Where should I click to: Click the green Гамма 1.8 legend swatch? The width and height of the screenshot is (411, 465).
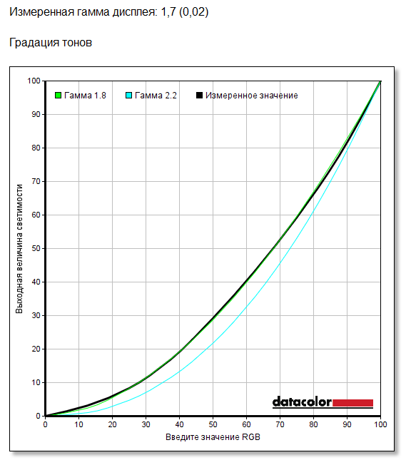coord(59,95)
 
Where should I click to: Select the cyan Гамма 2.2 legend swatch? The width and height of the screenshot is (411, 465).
coord(128,95)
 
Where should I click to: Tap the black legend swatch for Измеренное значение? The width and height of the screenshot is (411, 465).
coord(199,95)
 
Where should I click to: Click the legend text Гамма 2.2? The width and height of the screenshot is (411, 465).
coord(156,96)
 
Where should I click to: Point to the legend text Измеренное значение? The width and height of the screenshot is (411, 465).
coord(252,96)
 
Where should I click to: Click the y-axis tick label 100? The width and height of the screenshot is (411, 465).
coord(34,81)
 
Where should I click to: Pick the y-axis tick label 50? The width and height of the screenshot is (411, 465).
coord(36,248)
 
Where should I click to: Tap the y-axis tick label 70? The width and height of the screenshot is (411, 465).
coord(36,181)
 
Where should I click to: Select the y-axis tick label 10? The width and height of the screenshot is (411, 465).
coord(36,382)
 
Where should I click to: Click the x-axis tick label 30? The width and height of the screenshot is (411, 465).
coord(146,424)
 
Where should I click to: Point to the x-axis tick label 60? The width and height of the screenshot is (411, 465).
coord(246,424)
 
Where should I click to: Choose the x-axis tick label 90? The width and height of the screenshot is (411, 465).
coord(347,424)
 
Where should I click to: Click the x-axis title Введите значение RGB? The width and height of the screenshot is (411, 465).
coord(213,437)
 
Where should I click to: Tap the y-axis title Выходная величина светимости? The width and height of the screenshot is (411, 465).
coord(19,249)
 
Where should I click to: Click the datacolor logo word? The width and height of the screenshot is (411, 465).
coord(302,402)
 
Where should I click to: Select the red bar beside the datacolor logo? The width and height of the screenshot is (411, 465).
coord(352,403)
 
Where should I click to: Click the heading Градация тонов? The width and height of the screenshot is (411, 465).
coord(51,42)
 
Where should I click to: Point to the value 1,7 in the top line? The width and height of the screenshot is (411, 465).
coord(168,12)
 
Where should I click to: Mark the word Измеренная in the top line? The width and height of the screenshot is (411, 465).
coord(42,12)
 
